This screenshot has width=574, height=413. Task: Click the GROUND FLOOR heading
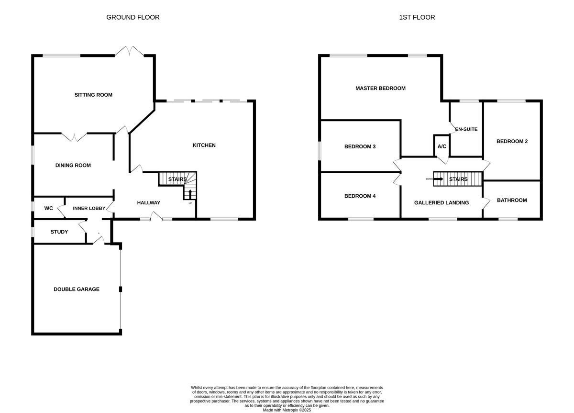132,17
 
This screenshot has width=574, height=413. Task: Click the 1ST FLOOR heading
417,17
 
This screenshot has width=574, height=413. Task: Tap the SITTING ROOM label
93,95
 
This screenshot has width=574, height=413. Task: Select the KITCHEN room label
204,145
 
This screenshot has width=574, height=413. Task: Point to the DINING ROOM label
73,166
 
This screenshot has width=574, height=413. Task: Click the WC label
48,209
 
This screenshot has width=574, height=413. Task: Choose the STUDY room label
59,232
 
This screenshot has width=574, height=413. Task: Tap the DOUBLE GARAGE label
77,289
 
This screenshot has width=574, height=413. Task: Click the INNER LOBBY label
88,209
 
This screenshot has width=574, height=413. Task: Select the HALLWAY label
148,203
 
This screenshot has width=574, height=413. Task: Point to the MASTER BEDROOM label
380,88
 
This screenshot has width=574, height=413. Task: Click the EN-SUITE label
466,129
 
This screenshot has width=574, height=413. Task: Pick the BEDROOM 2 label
512,141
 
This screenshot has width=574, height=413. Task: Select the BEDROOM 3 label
360,146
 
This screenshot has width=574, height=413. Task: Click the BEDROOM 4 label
360,196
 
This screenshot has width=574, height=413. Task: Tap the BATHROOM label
512,200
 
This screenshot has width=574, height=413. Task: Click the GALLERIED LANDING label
441,202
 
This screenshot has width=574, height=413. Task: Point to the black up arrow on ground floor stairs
190,194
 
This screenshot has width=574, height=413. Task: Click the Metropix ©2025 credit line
287,410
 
